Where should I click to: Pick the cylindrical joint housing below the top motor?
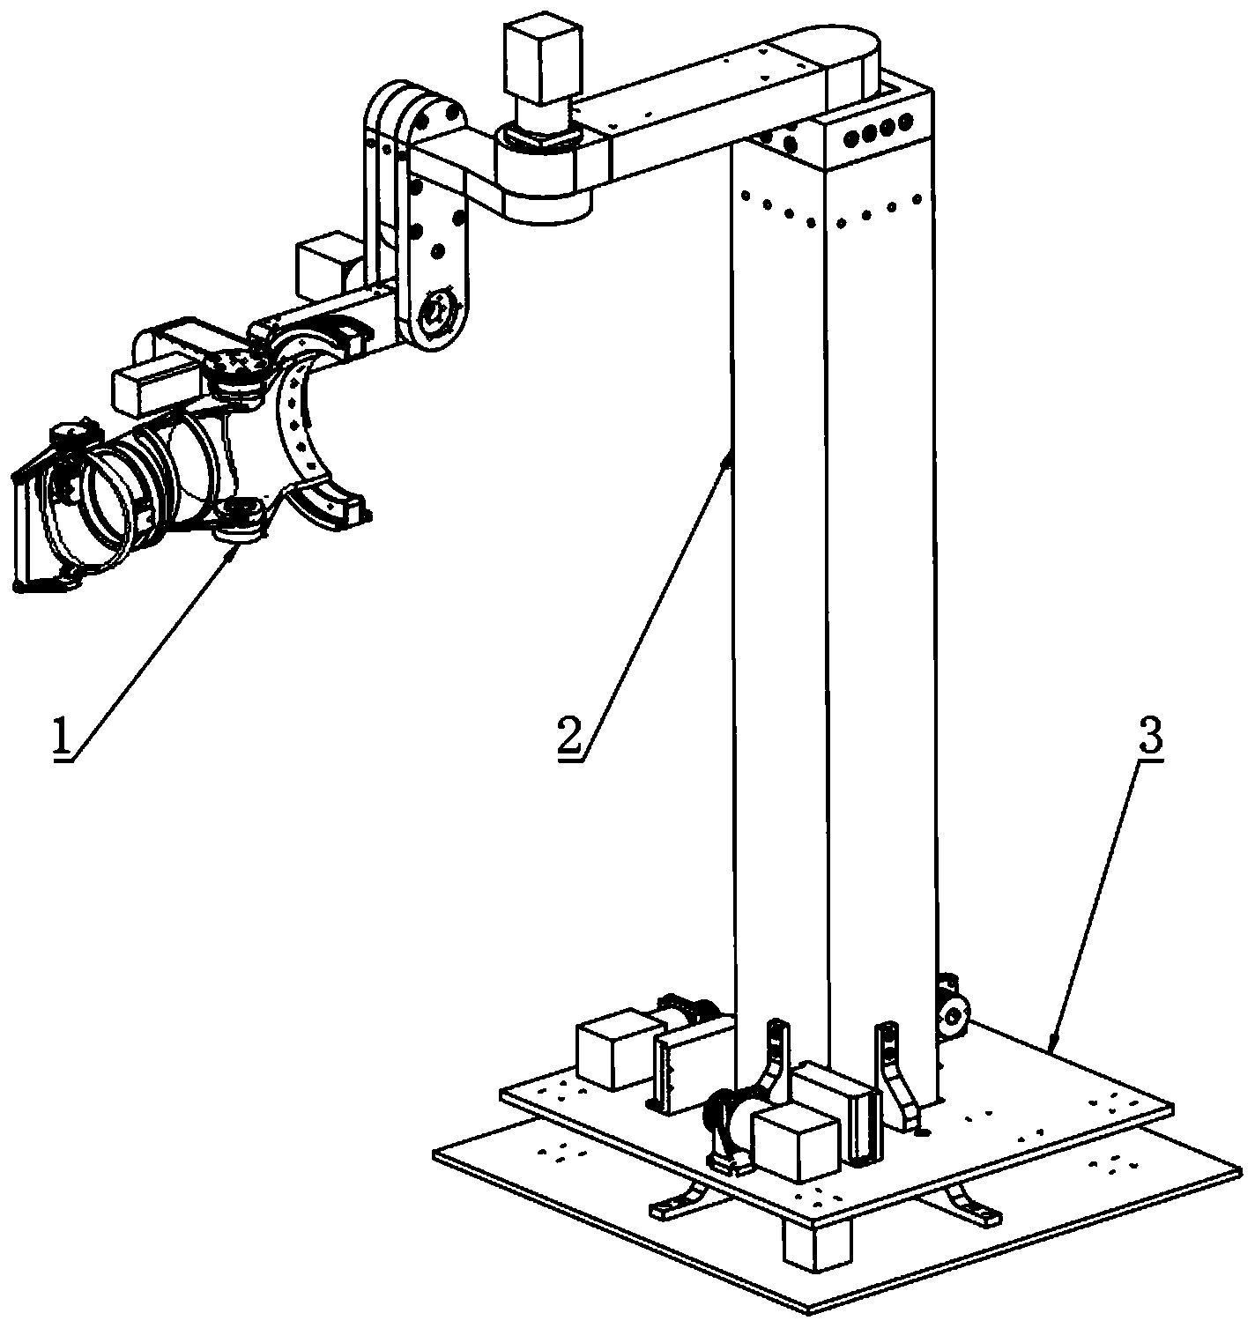[545, 177]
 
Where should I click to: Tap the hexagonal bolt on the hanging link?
[439, 312]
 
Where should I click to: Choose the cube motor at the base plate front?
[796, 1145]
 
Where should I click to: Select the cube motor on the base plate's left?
[613, 1049]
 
